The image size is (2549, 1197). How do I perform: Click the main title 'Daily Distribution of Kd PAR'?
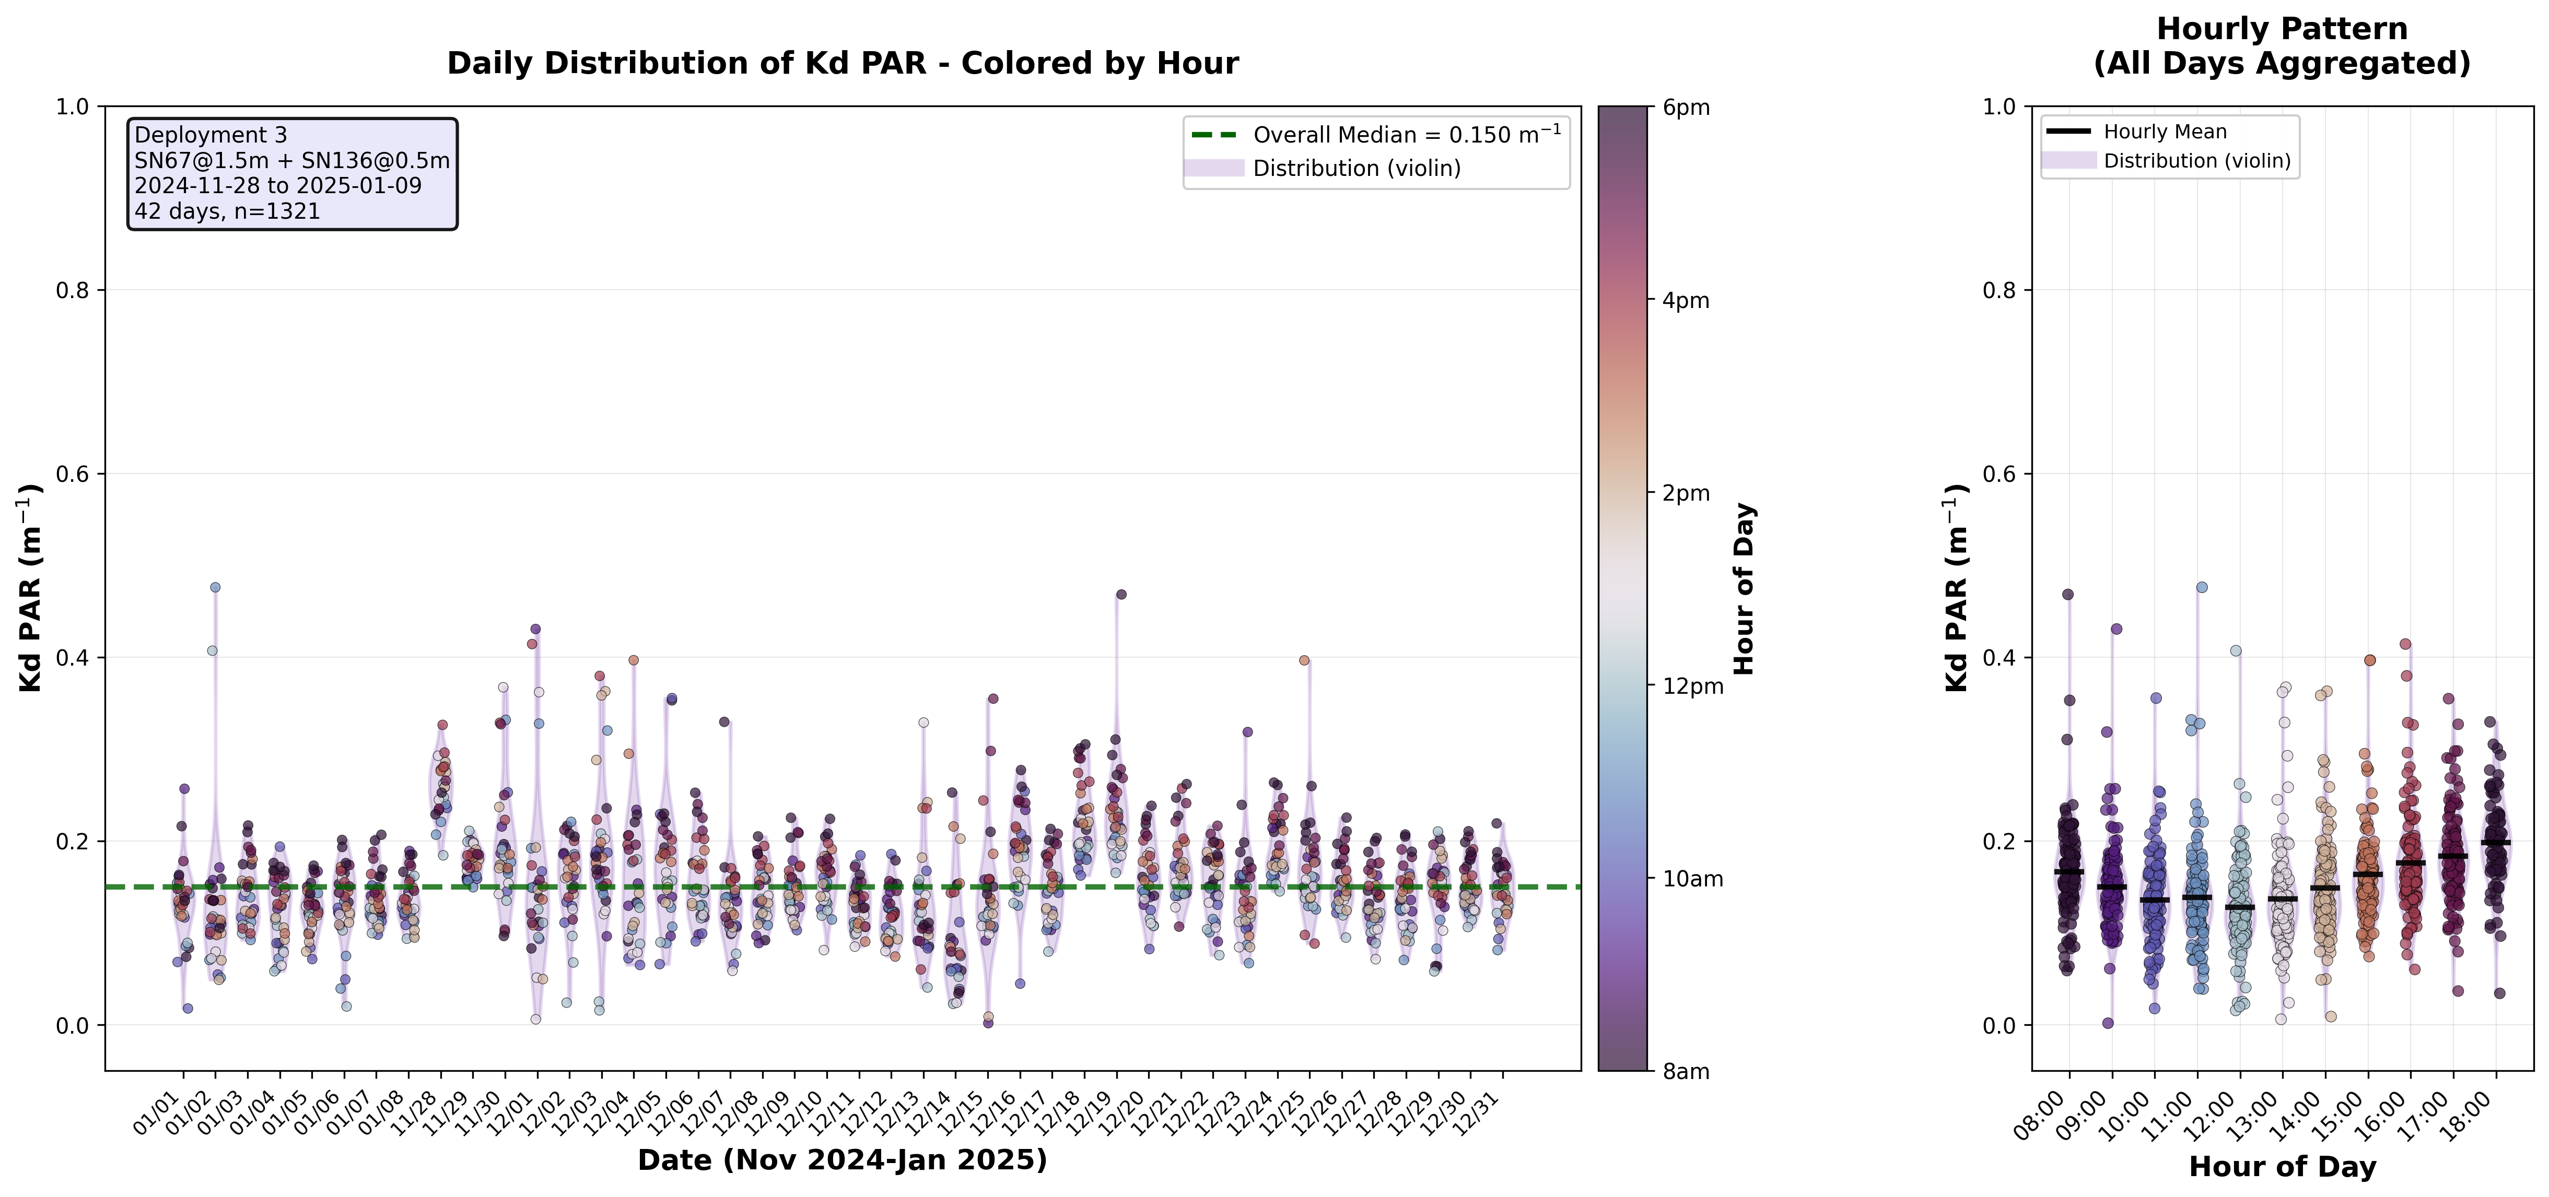842,63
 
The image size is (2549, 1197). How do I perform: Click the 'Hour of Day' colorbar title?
1744,589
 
